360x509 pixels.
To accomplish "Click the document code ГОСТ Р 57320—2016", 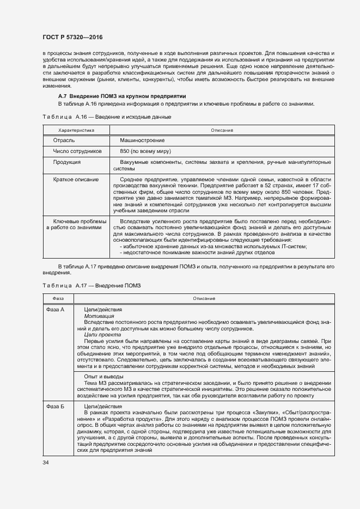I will tap(72, 36).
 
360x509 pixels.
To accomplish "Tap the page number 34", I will tap(45, 462).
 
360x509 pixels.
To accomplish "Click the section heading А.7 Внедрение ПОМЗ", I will tap(118, 96).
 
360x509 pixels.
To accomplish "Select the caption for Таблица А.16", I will tap(107, 117).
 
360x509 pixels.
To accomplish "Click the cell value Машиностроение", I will tap(142, 140).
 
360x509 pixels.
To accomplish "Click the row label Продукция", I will tap(67, 162).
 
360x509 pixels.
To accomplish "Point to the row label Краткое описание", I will tap(76, 179).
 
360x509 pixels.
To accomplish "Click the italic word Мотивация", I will tap(99, 316).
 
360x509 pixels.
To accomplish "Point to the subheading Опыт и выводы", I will tap(103, 377).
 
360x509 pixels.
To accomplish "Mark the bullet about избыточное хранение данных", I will tap(215, 246).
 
